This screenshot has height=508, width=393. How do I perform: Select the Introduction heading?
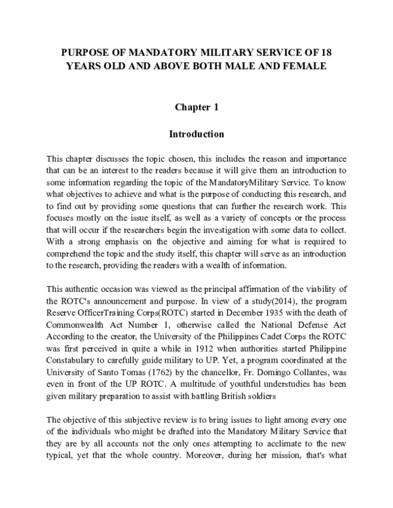pyautogui.click(x=196, y=134)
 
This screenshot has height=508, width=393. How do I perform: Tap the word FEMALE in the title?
pyautogui.click(x=302, y=66)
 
